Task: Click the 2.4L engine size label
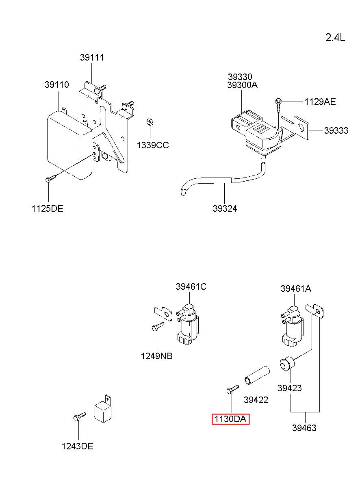pos(335,38)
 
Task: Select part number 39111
pos(92,58)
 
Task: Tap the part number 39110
pos(56,85)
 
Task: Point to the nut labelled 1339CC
pos(150,122)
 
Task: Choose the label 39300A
pos(242,85)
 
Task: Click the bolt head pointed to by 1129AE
pos(278,101)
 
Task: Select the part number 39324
pos(225,208)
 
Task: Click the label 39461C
pos(191,287)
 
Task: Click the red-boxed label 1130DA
pos(230,419)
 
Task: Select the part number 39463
pos(304,428)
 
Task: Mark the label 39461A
pos(296,289)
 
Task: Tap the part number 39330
pos(240,77)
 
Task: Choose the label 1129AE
pos(320,102)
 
